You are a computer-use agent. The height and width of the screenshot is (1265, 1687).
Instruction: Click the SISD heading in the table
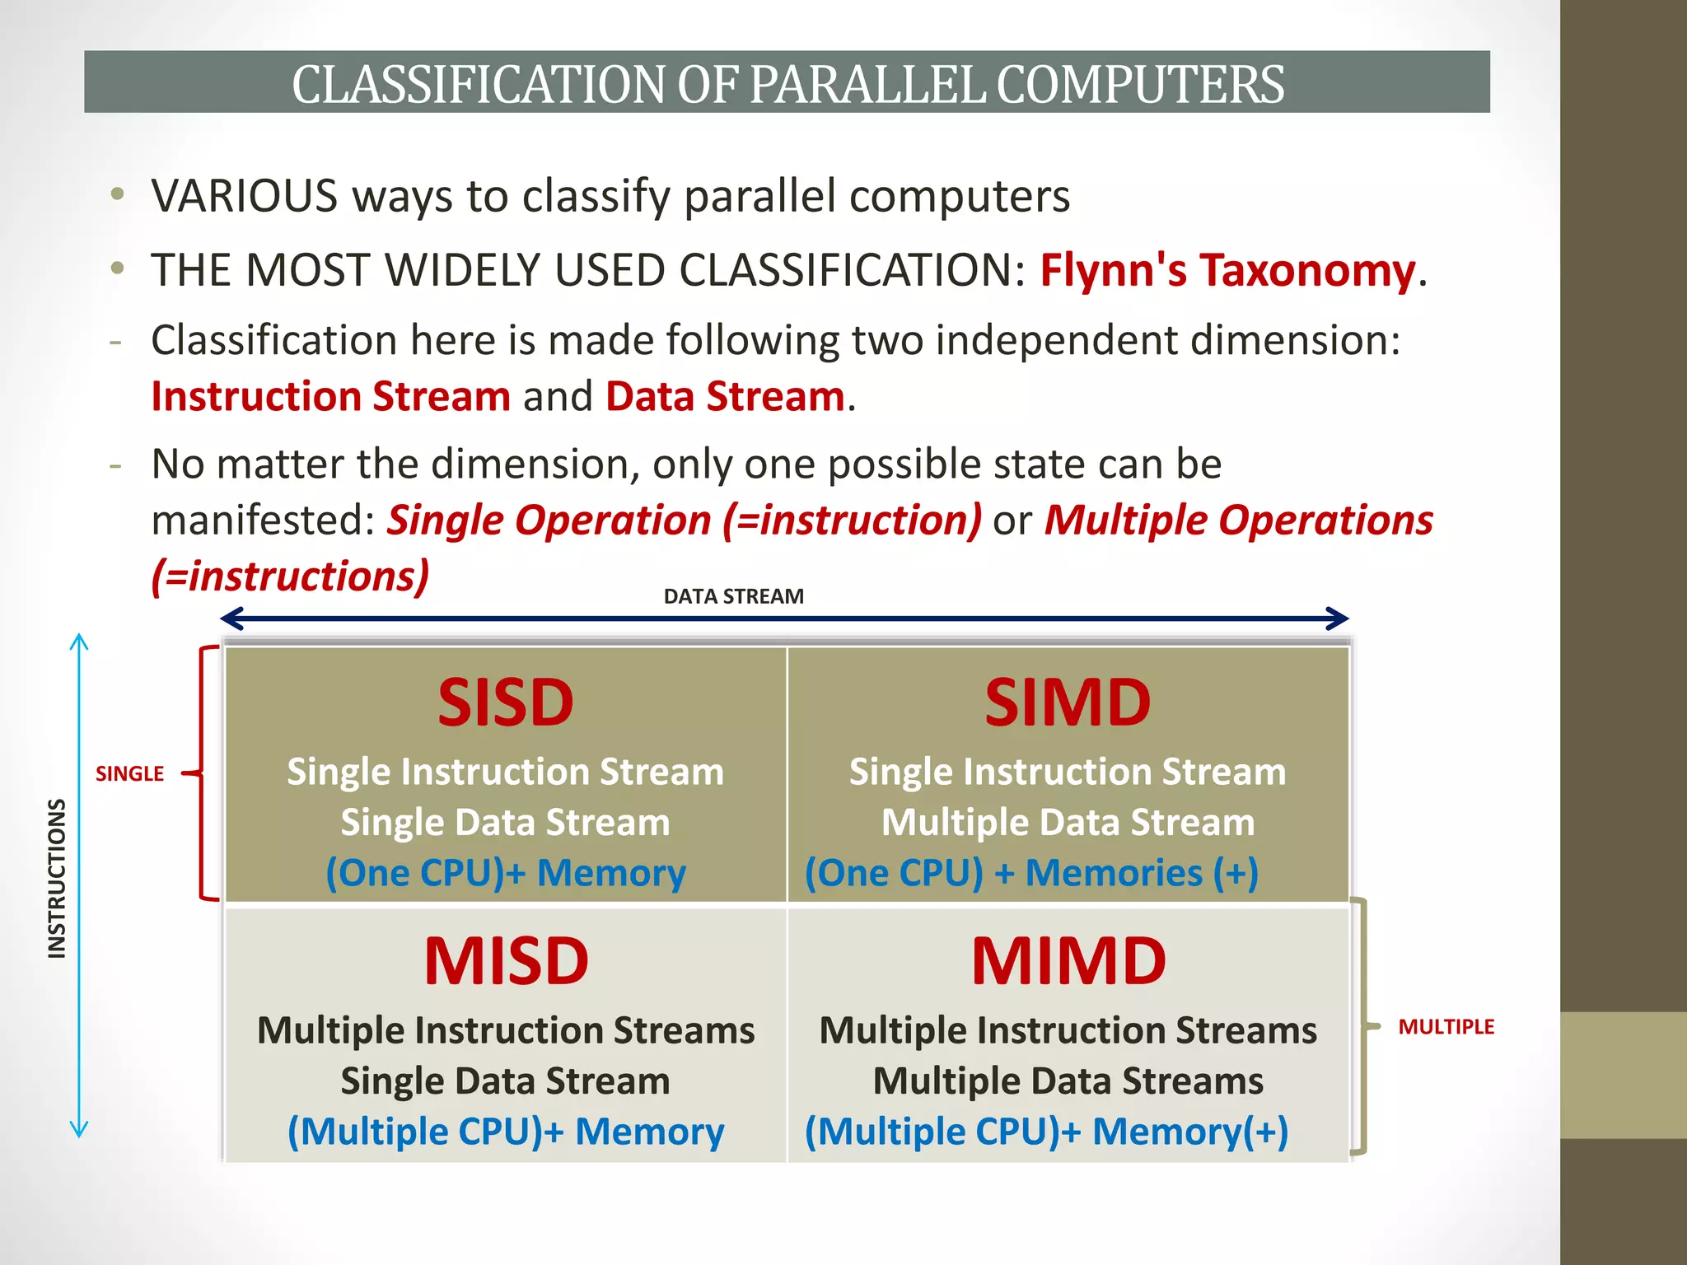tap(505, 703)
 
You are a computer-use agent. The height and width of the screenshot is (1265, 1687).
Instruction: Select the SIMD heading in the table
tap(1068, 703)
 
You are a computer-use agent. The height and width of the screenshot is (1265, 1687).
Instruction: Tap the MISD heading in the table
tap(506, 961)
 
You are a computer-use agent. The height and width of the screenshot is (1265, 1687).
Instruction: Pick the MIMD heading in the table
tap(1068, 961)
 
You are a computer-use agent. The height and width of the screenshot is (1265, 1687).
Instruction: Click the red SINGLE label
tap(129, 774)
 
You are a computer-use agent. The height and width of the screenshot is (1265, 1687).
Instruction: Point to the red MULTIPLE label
tap(1446, 1027)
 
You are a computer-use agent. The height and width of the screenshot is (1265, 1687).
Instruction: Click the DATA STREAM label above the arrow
tap(733, 596)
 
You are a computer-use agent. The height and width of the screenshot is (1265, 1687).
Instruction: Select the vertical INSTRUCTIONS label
tap(56, 879)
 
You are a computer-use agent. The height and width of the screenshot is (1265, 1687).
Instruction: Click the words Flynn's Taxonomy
tap(1227, 270)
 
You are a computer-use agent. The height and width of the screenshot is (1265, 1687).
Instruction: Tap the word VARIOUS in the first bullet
tap(245, 196)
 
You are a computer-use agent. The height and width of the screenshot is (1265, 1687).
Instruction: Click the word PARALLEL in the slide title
tap(867, 84)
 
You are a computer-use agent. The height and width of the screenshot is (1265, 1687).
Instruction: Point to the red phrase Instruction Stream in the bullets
tap(331, 396)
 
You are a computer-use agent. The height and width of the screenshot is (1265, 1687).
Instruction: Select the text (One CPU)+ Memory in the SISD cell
tap(505, 873)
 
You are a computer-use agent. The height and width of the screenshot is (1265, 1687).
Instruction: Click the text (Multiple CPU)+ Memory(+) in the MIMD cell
tap(1046, 1132)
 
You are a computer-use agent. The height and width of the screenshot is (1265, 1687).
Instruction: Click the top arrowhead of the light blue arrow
tap(79, 641)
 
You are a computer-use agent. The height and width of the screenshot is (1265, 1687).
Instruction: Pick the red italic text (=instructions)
tap(290, 576)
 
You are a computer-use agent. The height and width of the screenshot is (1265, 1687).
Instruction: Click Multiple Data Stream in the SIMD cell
tap(1068, 823)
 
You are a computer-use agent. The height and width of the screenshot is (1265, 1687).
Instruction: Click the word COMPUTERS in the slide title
tap(1140, 84)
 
